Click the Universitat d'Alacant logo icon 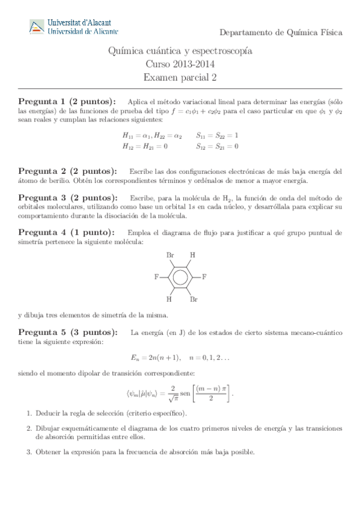(x=37, y=26)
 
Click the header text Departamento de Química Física (x=281, y=32)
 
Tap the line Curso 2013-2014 (x=180, y=64)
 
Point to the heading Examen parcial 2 (x=180, y=76)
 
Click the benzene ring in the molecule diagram (x=180, y=277)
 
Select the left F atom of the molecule (x=156, y=277)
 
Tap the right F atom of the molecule (x=204, y=277)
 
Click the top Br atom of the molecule (x=170, y=255)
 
